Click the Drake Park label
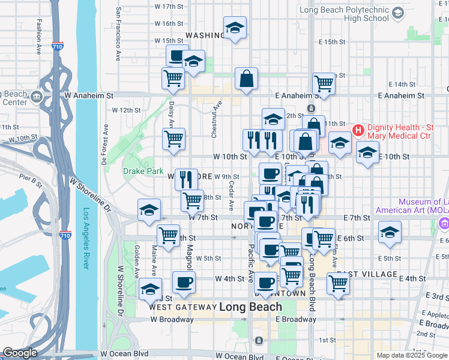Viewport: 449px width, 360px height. pos(143,171)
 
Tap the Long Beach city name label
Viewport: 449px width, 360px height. pos(250,307)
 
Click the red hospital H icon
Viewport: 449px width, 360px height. pos(358,130)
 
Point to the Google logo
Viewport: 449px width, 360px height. pos(20,353)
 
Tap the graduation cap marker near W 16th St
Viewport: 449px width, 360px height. pos(235,28)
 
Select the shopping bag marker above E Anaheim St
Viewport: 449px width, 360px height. pos(246,79)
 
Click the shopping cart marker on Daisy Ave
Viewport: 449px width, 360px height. pos(173,139)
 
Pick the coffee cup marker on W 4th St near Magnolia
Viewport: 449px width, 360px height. pos(184,282)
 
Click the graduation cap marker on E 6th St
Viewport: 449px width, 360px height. pos(390,232)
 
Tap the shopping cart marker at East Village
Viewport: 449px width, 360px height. pos(339,283)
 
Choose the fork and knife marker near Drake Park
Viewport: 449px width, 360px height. pos(186,178)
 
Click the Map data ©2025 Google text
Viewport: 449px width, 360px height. pos(412,355)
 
